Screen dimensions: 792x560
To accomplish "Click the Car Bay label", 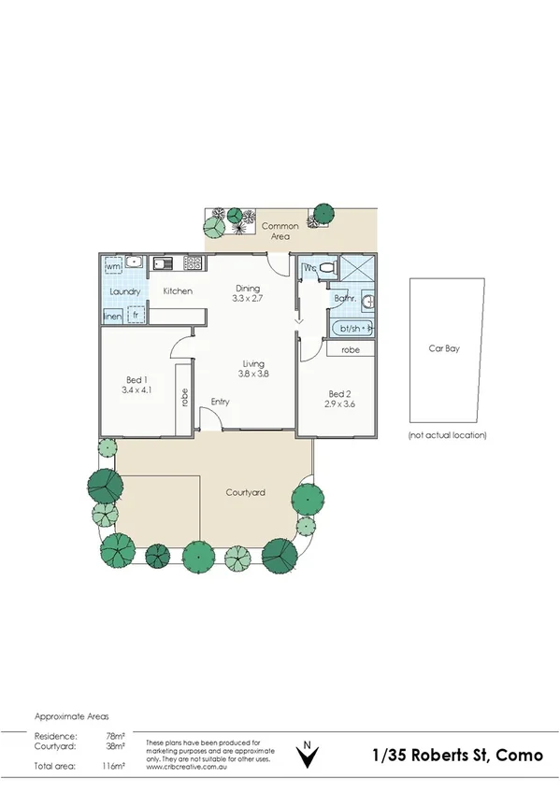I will (x=447, y=347).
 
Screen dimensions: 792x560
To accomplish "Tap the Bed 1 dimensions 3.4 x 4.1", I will (x=136, y=390).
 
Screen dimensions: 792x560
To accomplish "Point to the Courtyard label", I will (x=246, y=492).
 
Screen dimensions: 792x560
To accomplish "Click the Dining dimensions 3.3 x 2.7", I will (x=248, y=299).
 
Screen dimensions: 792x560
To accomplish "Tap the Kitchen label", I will (x=178, y=291).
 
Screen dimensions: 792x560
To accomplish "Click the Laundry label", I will (x=124, y=292).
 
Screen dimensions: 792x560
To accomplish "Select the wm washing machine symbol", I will (x=114, y=267).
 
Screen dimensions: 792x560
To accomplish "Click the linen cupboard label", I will (x=112, y=316).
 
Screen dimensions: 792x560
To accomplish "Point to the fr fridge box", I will (x=136, y=316).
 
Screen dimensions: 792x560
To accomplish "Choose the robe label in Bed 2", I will (x=351, y=350).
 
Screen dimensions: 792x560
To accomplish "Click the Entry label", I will (x=221, y=402).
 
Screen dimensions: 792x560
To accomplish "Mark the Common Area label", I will (x=280, y=232).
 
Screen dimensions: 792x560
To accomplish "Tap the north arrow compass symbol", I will (x=306, y=755).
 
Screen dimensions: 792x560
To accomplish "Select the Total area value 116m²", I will (x=114, y=766).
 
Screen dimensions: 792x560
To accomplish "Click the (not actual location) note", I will (x=448, y=435).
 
